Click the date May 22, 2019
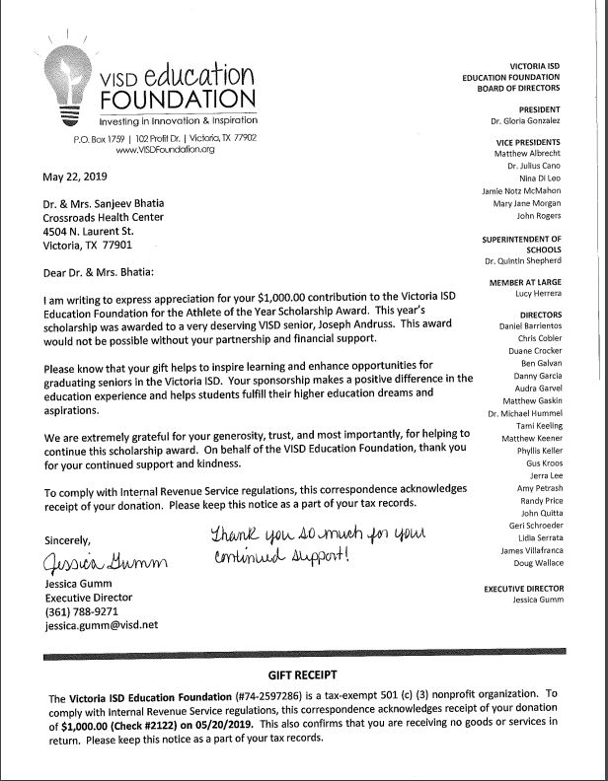point(78,178)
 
